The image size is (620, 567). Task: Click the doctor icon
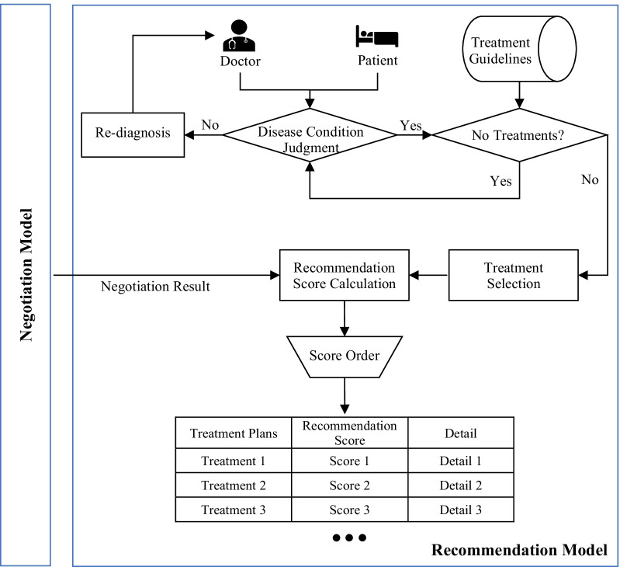pos(239,36)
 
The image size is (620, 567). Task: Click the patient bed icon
pos(377,36)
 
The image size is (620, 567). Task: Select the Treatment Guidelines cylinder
pos(519,49)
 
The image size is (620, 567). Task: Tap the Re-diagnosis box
pos(133,134)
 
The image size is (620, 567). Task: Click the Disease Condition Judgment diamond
pos(310,135)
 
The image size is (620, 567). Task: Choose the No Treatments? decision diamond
pos(519,135)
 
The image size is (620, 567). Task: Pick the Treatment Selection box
pos(513,275)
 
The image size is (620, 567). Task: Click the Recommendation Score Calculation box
pos(344,275)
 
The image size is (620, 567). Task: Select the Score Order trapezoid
pos(345,357)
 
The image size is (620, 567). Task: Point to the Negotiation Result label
pos(155,286)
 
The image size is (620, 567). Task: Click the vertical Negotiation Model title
pos(26,275)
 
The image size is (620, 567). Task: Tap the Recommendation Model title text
pos(519,550)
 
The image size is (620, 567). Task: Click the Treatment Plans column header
pos(234,433)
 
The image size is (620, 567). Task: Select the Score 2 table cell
pos(349,485)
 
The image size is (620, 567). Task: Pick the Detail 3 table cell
pos(461,510)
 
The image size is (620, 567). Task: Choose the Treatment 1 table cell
pos(234,461)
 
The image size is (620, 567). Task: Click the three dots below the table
pos(349,537)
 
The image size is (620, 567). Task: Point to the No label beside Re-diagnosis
pos(210,125)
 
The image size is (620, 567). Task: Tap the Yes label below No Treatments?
pos(501,181)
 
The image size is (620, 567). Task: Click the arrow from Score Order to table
pos(345,395)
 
